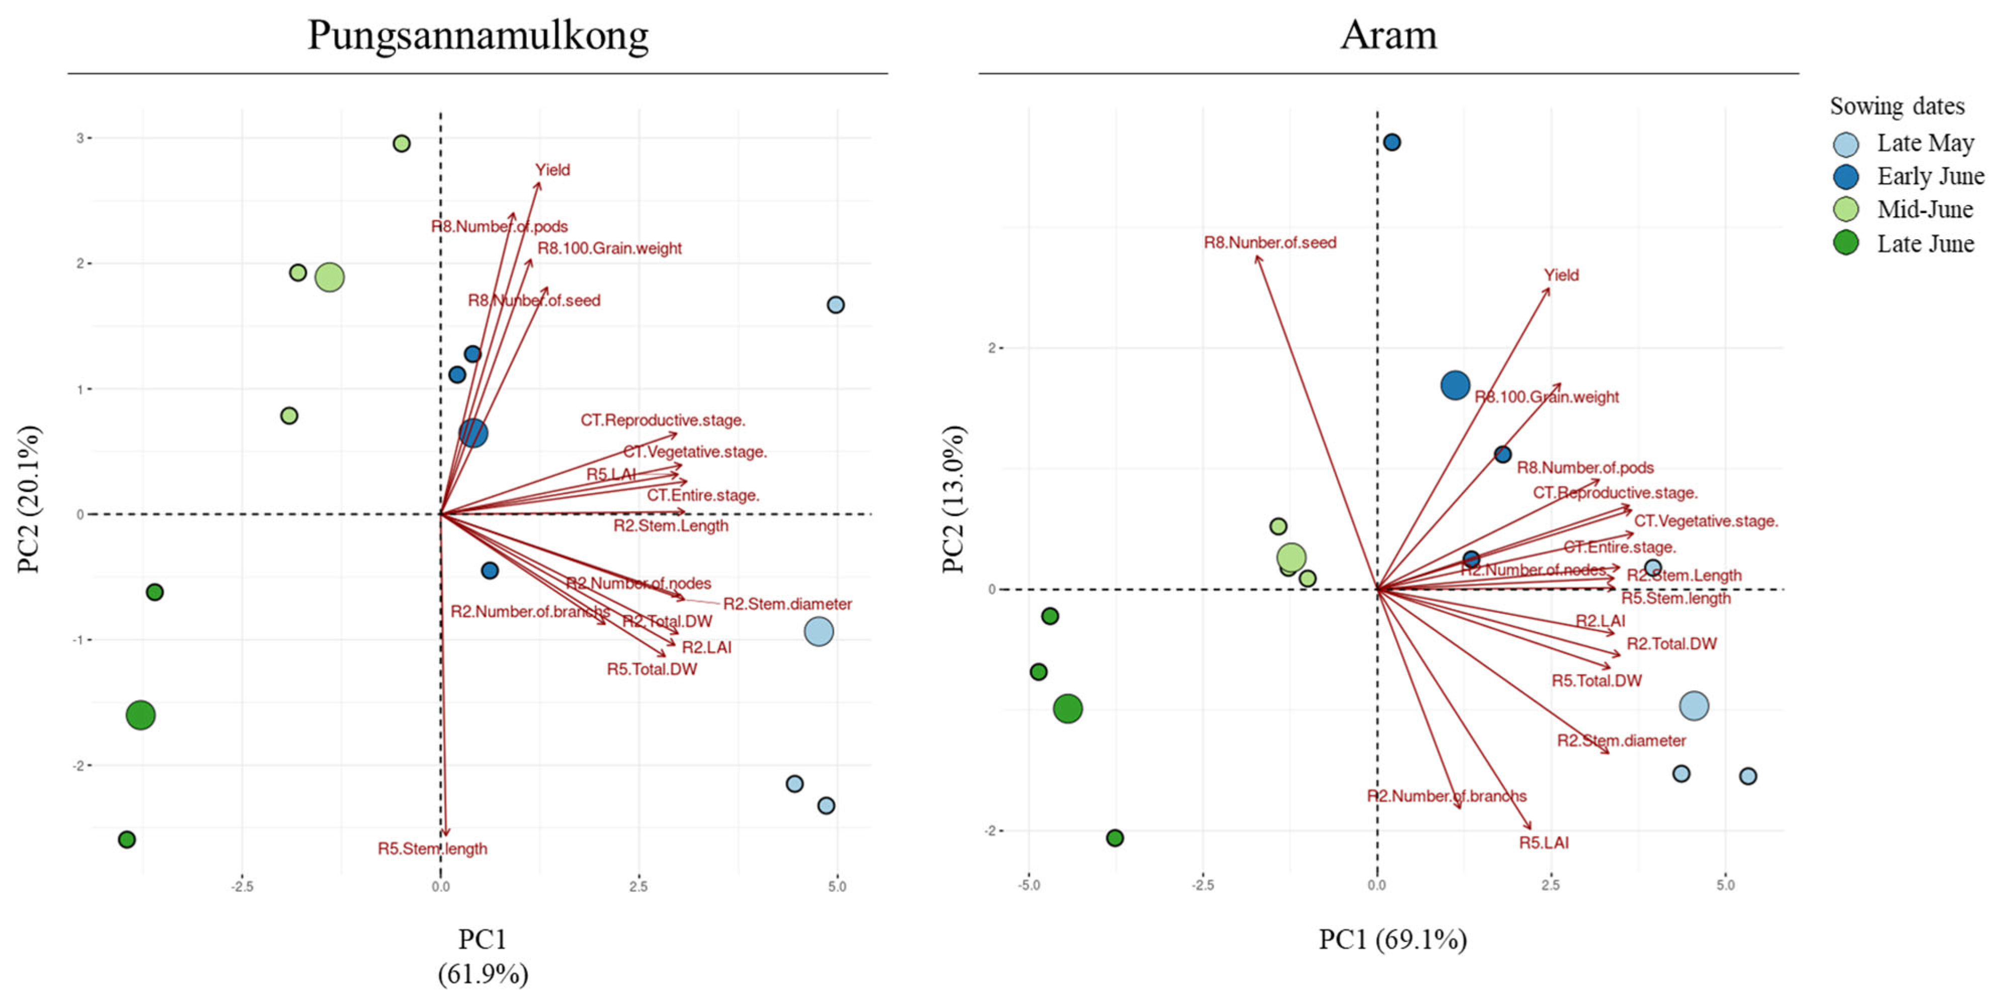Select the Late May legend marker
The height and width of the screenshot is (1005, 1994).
(x=1846, y=144)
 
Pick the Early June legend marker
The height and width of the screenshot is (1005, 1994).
(x=1846, y=177)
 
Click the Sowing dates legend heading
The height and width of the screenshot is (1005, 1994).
(x=1896, y=106)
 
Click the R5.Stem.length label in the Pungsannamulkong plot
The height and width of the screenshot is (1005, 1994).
(x=432, y=849)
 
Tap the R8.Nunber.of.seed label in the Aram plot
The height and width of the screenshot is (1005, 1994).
(x=1269, y=243)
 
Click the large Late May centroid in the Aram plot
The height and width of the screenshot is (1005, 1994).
(x=1694, y=705)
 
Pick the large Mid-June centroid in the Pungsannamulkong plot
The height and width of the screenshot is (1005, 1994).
(x=330, y=277)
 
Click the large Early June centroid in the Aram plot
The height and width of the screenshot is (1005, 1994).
(x=1455, y=385)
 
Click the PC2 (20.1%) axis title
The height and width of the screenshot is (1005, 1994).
(x=29, y=499)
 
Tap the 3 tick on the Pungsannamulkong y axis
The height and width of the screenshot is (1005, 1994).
(x=79, y=138)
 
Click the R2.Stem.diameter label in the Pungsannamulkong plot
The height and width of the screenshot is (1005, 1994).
(x=787, y=604)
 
